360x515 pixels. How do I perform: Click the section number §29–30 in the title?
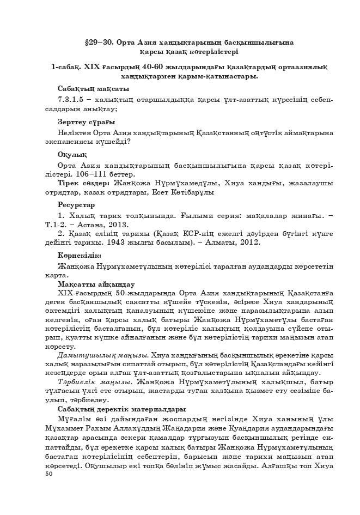pos(99,42)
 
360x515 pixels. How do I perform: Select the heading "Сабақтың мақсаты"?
pos(93,88)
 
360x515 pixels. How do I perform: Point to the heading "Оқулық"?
pos(72,155)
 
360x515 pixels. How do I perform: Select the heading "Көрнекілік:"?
pos(80,255)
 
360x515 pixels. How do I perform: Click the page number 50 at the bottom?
pos(49,475)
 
